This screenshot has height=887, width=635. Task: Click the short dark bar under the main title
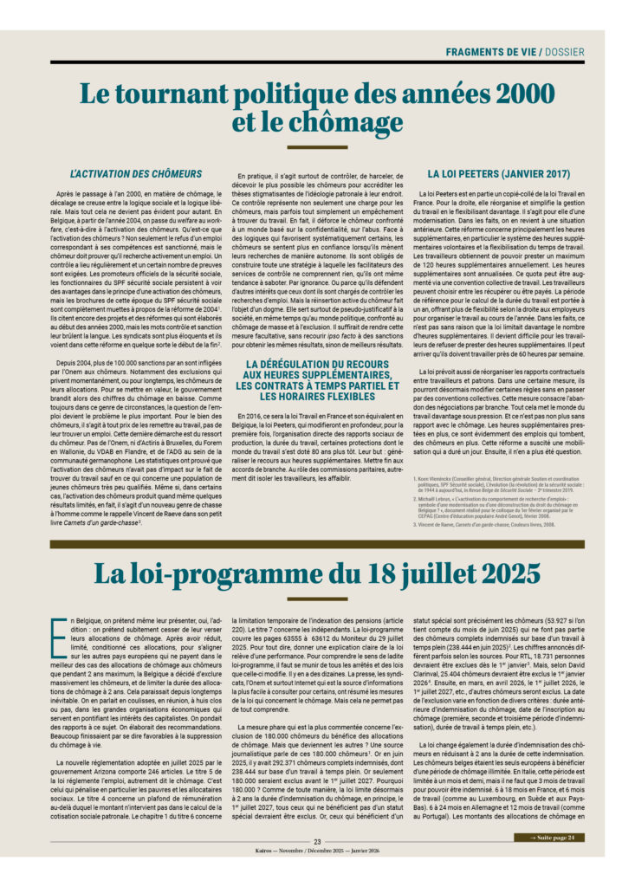click(x=317, y=147)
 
